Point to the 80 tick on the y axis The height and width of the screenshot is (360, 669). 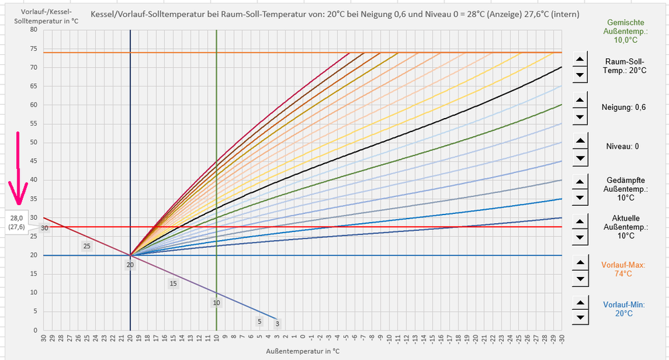click(x=33, y=29)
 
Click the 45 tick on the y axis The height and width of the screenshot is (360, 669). click(x=33, y=161)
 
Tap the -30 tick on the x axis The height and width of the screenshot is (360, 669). click(x=562, y=338)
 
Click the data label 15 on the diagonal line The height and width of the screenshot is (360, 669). click(x=173, y=284)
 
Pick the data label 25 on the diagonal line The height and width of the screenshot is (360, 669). click(x=86, y=246)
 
